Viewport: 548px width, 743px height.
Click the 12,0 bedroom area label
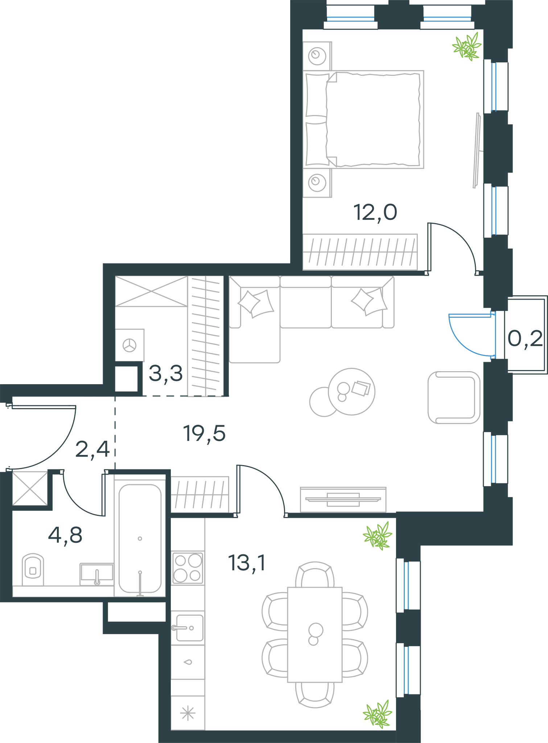click(x=375, y=213)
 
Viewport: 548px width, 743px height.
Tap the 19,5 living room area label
click(x=205, y=434)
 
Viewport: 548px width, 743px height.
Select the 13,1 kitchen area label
click(x=247, y=563)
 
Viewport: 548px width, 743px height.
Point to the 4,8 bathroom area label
click(x=65, y=535)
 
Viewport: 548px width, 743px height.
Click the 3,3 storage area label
click(x=166, y=374)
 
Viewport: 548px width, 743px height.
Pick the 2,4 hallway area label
click(x=92, y=449)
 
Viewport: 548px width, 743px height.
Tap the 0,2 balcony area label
click(x=525, y=339)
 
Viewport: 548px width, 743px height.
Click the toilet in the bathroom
click(x=33, y=569)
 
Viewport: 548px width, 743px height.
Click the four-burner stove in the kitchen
click(x=188, y=568)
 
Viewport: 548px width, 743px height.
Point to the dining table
click(x=315, y=635)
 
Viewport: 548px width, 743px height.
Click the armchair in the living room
click(x=454, y=398)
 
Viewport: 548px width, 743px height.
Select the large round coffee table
click(x=351, y=392)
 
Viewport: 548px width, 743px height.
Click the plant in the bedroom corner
click(x=467, y=46)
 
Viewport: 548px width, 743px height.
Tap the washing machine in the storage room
click(x=129, y=345)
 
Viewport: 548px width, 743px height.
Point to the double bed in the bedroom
click(x=363, y=119)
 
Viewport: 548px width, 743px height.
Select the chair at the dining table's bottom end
click(x=315, y=695)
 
